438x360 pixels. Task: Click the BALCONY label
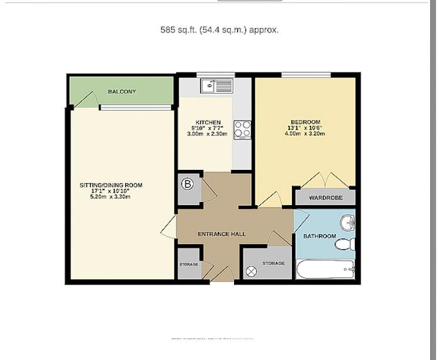pos(121,92)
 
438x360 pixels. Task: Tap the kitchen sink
pos(216,86)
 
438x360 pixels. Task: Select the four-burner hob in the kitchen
pos(242,130)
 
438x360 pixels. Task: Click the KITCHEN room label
pos(208,122)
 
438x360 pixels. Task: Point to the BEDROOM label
pos(305,122)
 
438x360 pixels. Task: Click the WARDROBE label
pos(325,197)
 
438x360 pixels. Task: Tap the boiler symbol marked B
pos(187,184)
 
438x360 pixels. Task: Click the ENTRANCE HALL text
pos(222,234)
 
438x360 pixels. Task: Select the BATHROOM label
pos(319,237)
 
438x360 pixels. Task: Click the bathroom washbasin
pos(347,223)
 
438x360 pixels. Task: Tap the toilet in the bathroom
pos(345,244)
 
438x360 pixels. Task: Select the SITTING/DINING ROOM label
pos(111,185)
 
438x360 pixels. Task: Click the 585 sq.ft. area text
pos(220,30)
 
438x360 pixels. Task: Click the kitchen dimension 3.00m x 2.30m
pos(208,134)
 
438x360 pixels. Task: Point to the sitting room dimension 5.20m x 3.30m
pos(111,197)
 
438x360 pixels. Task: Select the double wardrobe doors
pos(325,180)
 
